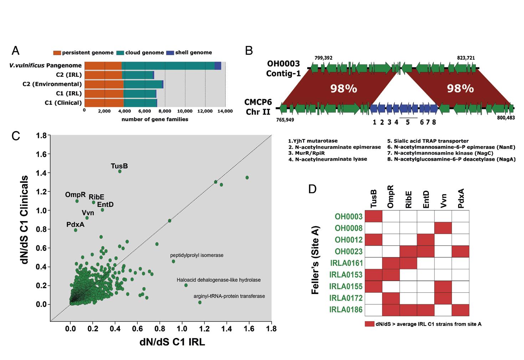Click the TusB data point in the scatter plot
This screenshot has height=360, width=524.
point(120,171)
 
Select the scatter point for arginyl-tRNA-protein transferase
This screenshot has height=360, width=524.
point(200,303)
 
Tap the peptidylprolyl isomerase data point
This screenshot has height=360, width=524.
point(173,262)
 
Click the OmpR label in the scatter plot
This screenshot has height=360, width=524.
point(75,195)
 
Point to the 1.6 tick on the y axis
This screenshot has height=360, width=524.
point(42,154)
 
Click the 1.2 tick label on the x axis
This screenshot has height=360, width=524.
point(204,329)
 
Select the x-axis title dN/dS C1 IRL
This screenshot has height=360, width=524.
point(172,342)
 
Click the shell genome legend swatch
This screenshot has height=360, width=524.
point(170,53)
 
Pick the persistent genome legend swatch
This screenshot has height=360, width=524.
point(57,53)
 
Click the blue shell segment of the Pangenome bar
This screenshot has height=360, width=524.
point(218,66)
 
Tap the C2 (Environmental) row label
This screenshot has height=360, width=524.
point(52,84)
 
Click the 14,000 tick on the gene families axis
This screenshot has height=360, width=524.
point(225,111)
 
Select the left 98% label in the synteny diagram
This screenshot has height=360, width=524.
point(344,89)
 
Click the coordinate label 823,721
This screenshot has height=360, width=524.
point(466,58)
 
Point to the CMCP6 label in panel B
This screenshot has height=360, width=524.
point(258,102)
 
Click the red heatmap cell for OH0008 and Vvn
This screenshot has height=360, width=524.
point(443,228)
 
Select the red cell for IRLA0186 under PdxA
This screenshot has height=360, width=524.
point(461,310)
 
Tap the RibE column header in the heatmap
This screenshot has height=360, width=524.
point(408,200)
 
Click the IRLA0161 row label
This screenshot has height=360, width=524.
point(346,263)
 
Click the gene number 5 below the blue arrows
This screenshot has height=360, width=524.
point(408,122)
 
